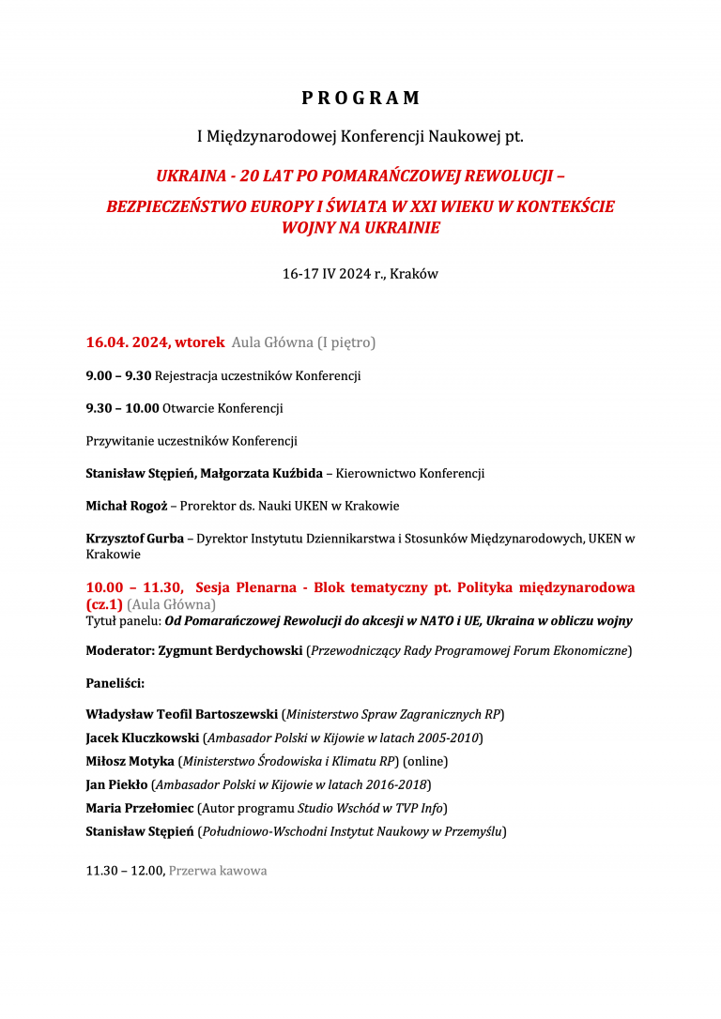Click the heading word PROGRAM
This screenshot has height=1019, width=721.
pyautogui.click(x=360, y=99)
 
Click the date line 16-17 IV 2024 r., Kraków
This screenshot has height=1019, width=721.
pyautogui.click(x=360, y=275)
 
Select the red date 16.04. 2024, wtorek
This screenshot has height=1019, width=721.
pyautogui.click(x=155, y=342)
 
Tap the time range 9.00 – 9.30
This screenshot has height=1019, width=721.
pyautogui.click(x=118, y=376)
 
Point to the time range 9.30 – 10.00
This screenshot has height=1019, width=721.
pyautogui.click(x=122, y=409)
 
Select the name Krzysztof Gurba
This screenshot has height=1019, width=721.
pyautogui.click(x=135, y=539)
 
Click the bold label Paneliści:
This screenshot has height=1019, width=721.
pyautogui.click(x=115, y=683)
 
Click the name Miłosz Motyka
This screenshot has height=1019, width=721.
pyautogui.click(x=130, y=761)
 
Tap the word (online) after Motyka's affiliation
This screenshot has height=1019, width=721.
pyautogui.click(x=425, y=761)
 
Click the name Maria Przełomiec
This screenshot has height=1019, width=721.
pyautogui.click(x=139, y=808)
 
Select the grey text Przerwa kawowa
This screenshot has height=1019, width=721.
pyautogui.click(x=218, y=871)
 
